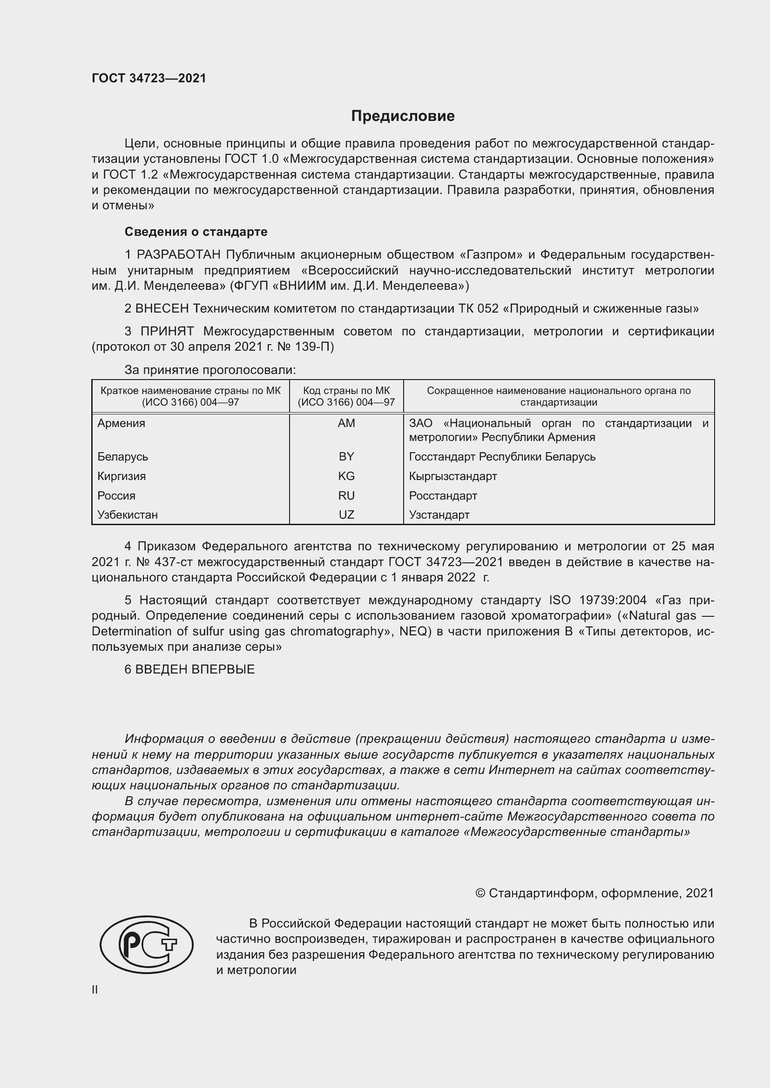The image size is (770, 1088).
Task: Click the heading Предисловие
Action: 403,116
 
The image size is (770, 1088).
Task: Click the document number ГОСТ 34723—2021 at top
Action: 149,78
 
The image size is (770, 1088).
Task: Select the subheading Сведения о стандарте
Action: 196,232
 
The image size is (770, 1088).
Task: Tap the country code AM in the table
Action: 346,423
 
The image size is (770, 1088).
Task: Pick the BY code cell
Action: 346,456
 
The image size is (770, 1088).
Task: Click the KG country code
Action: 346,476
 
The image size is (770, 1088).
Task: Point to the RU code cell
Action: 346,496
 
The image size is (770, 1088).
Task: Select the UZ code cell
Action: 346,514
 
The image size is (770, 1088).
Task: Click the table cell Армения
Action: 122,423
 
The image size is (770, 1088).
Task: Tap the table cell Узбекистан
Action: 128,514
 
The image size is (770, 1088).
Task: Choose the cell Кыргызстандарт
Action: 453,476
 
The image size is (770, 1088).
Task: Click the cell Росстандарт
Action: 443,496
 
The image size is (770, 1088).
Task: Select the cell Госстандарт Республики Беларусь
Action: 502,456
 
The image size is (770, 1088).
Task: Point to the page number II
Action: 95,989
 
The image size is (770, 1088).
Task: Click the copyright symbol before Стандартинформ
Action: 480,893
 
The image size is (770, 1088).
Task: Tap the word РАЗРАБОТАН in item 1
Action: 179,255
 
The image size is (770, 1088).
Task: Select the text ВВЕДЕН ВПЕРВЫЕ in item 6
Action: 195,669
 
